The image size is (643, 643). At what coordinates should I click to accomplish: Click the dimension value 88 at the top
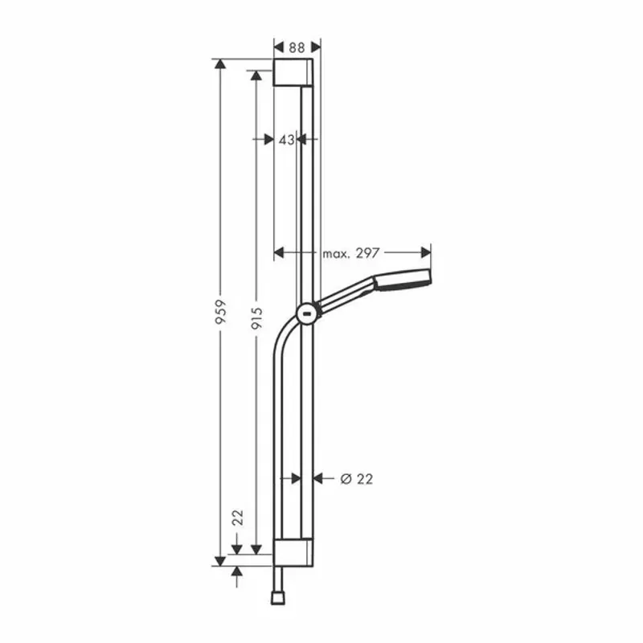tap(297, 47)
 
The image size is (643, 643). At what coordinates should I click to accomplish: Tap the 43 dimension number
tap(286, 139)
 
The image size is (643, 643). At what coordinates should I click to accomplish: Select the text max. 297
tap(350, 253)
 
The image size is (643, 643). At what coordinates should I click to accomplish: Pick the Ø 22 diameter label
tap(357, 479)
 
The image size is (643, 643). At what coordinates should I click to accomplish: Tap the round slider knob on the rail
tap(307, 313)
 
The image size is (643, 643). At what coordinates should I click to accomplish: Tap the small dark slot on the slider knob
tap(307, 314)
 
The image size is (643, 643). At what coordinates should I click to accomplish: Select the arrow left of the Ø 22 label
tap(318, 479)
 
